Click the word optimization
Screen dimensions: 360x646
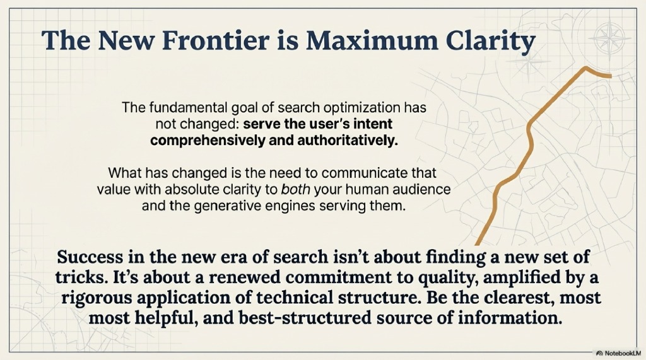pyautogui.click(x=355, y=108)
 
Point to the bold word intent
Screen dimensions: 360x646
pyautogui.click(x=365, y=124)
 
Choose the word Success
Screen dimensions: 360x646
pyautogui.click(x=88, y=258)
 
